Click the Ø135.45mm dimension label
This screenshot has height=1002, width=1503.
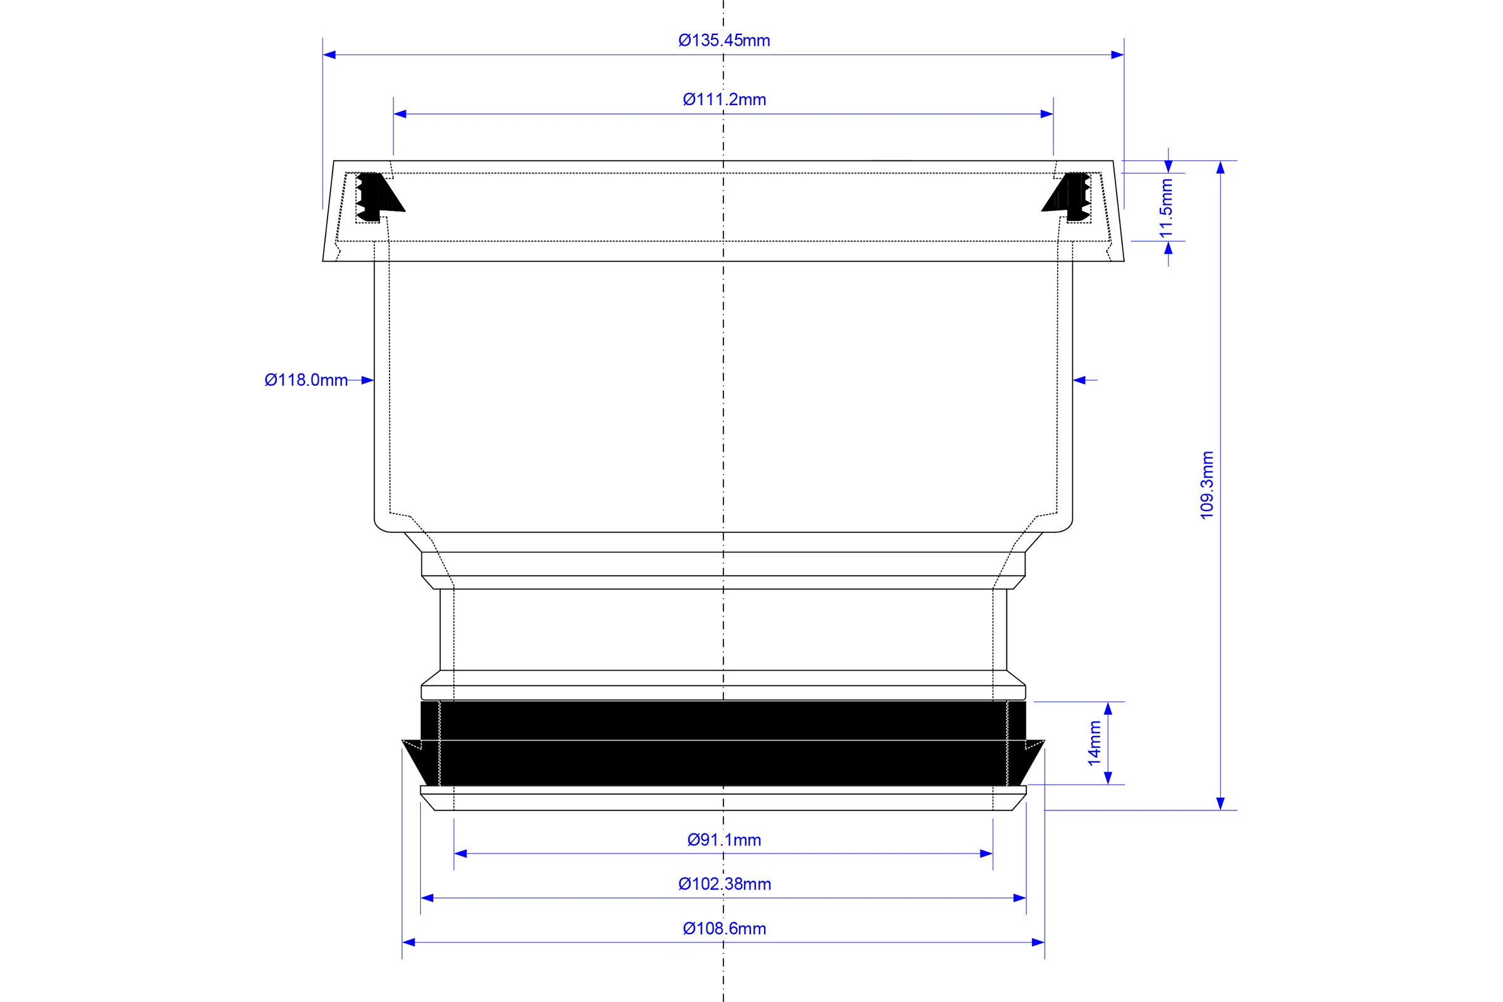724,40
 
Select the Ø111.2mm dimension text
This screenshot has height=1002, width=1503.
724,100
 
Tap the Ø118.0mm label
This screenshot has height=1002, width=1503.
306,380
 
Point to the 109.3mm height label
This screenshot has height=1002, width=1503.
1207,485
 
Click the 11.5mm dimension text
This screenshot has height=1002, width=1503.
1166,209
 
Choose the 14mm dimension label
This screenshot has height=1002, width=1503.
1095,743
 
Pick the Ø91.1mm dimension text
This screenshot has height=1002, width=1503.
724,840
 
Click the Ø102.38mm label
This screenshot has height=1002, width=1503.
725,884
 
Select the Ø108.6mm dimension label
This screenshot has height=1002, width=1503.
724,929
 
